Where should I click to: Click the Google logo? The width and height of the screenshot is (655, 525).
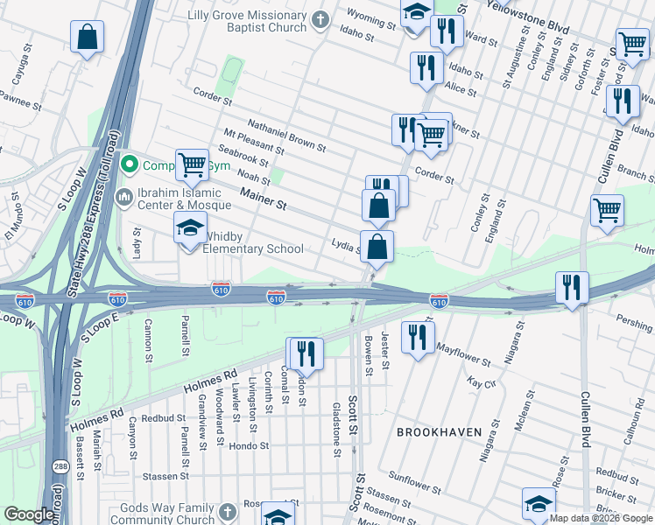pos(29,514)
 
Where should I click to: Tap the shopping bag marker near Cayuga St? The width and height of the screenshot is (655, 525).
pos(87,38)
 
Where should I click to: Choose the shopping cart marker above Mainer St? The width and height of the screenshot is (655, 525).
pos(191,164)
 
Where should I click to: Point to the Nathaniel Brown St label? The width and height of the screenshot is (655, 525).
pos(286,136)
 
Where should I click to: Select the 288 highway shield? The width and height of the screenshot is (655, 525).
pos(58,466)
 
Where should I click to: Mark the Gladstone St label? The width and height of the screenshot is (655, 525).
pos(336,430)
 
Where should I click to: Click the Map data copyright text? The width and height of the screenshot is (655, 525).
pos(600,518)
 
